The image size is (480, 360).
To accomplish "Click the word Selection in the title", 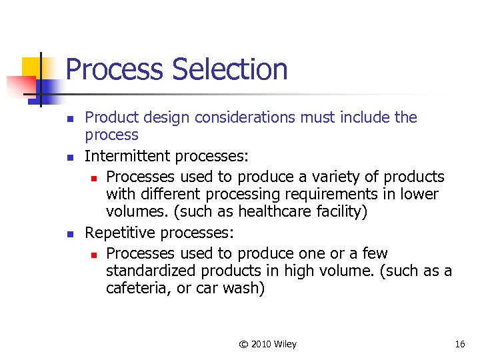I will coord(230,70).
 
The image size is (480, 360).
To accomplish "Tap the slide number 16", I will coord(459,344).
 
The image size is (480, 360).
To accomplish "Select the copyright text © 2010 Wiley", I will coord(268,344).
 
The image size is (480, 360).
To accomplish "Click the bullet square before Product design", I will coord(70,119).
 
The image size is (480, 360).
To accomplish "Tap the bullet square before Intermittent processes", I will coord(70,157).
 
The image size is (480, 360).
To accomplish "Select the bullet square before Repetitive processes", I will coord(70,234).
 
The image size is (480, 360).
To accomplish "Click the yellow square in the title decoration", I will coord(32,67).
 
